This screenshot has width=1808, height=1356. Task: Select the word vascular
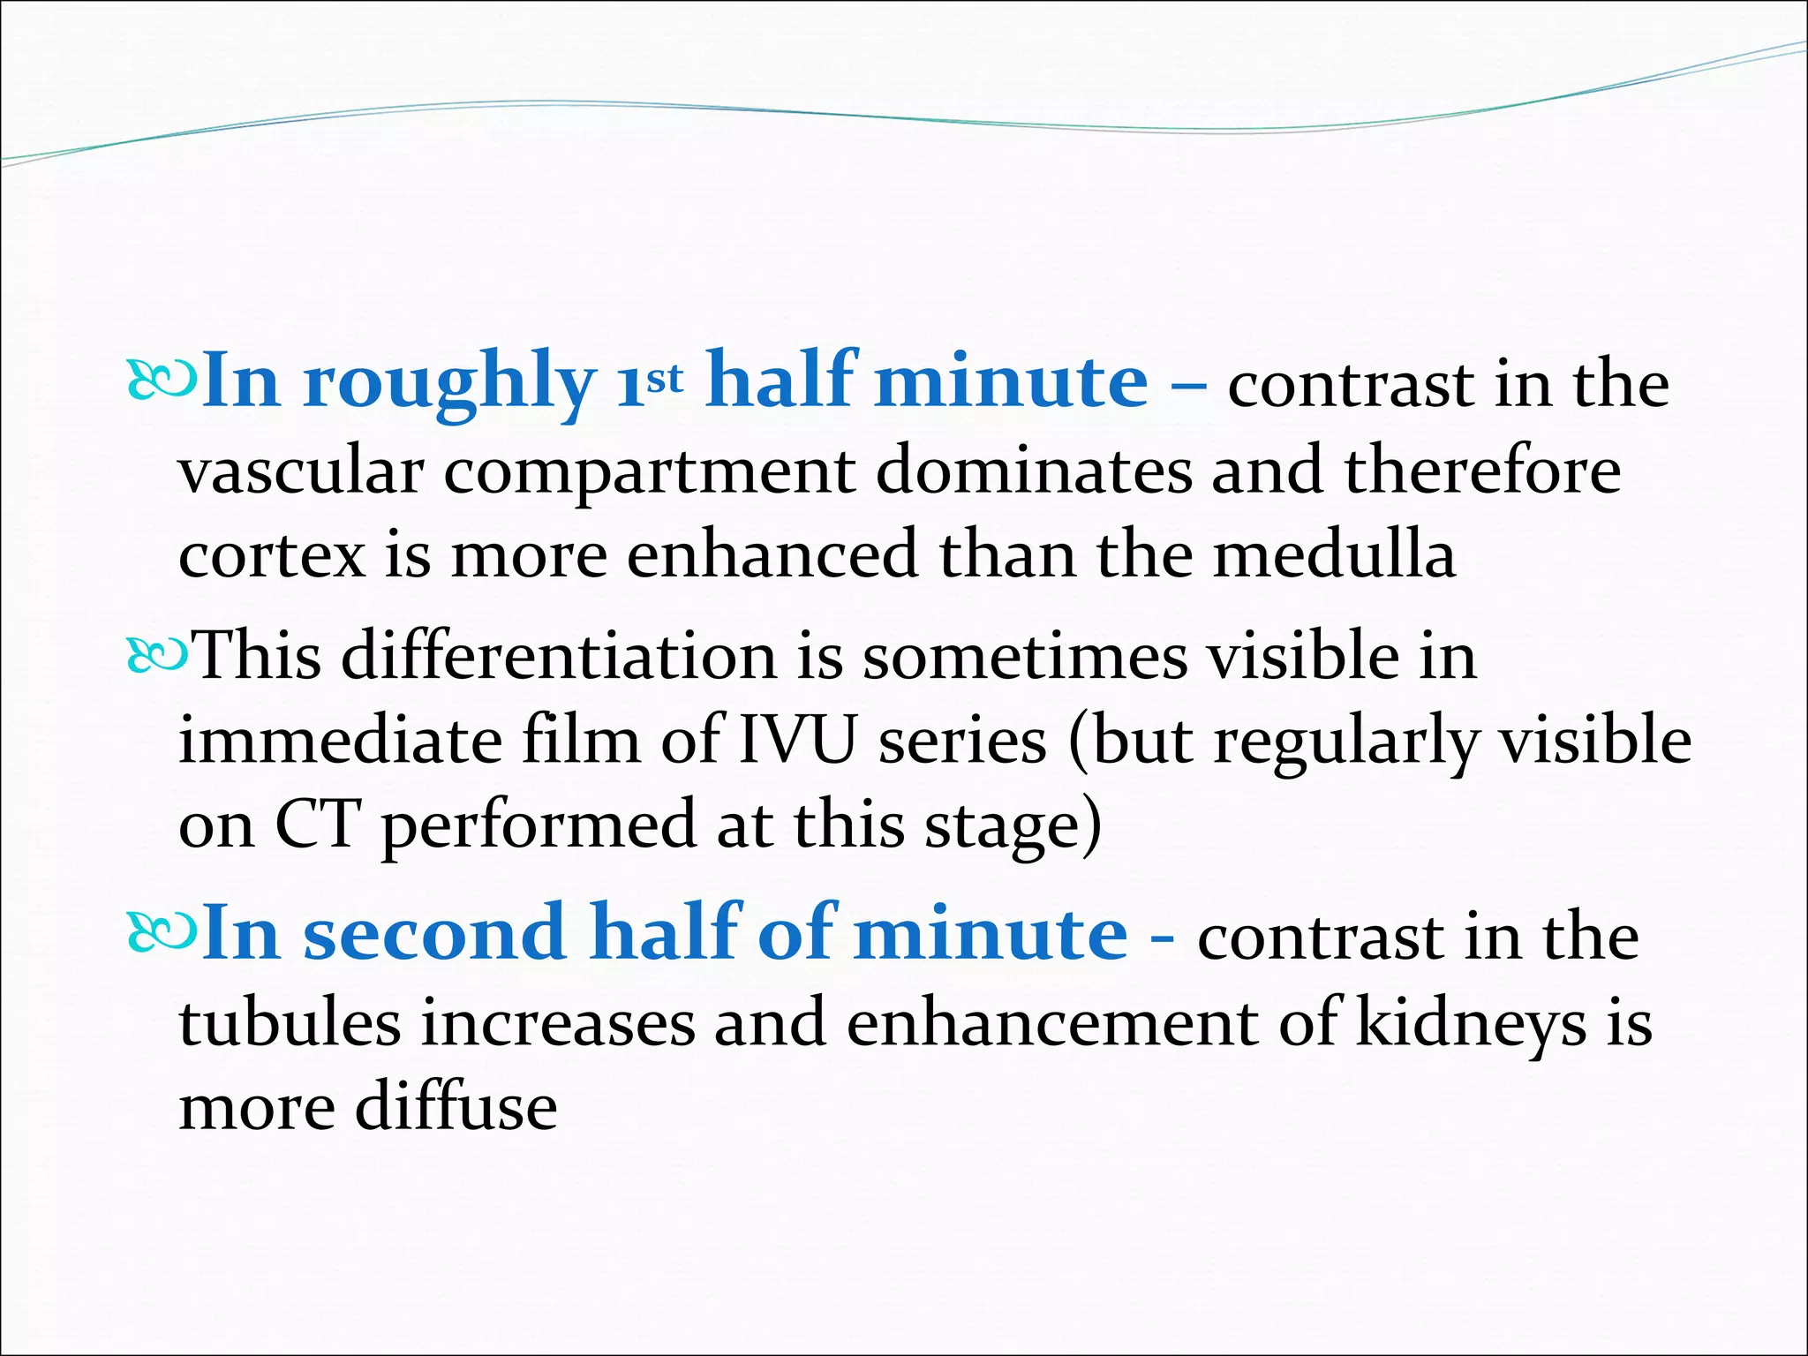click(301, 472)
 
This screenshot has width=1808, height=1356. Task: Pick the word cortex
click(272, 556)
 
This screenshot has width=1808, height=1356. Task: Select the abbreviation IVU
click(797, 741)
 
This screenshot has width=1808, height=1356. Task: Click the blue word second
click(433, 934)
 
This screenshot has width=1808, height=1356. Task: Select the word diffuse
click(456, 1107)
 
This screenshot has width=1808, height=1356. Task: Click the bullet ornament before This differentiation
click(157, 657)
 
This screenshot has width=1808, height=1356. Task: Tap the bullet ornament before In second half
click(161, 934)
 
